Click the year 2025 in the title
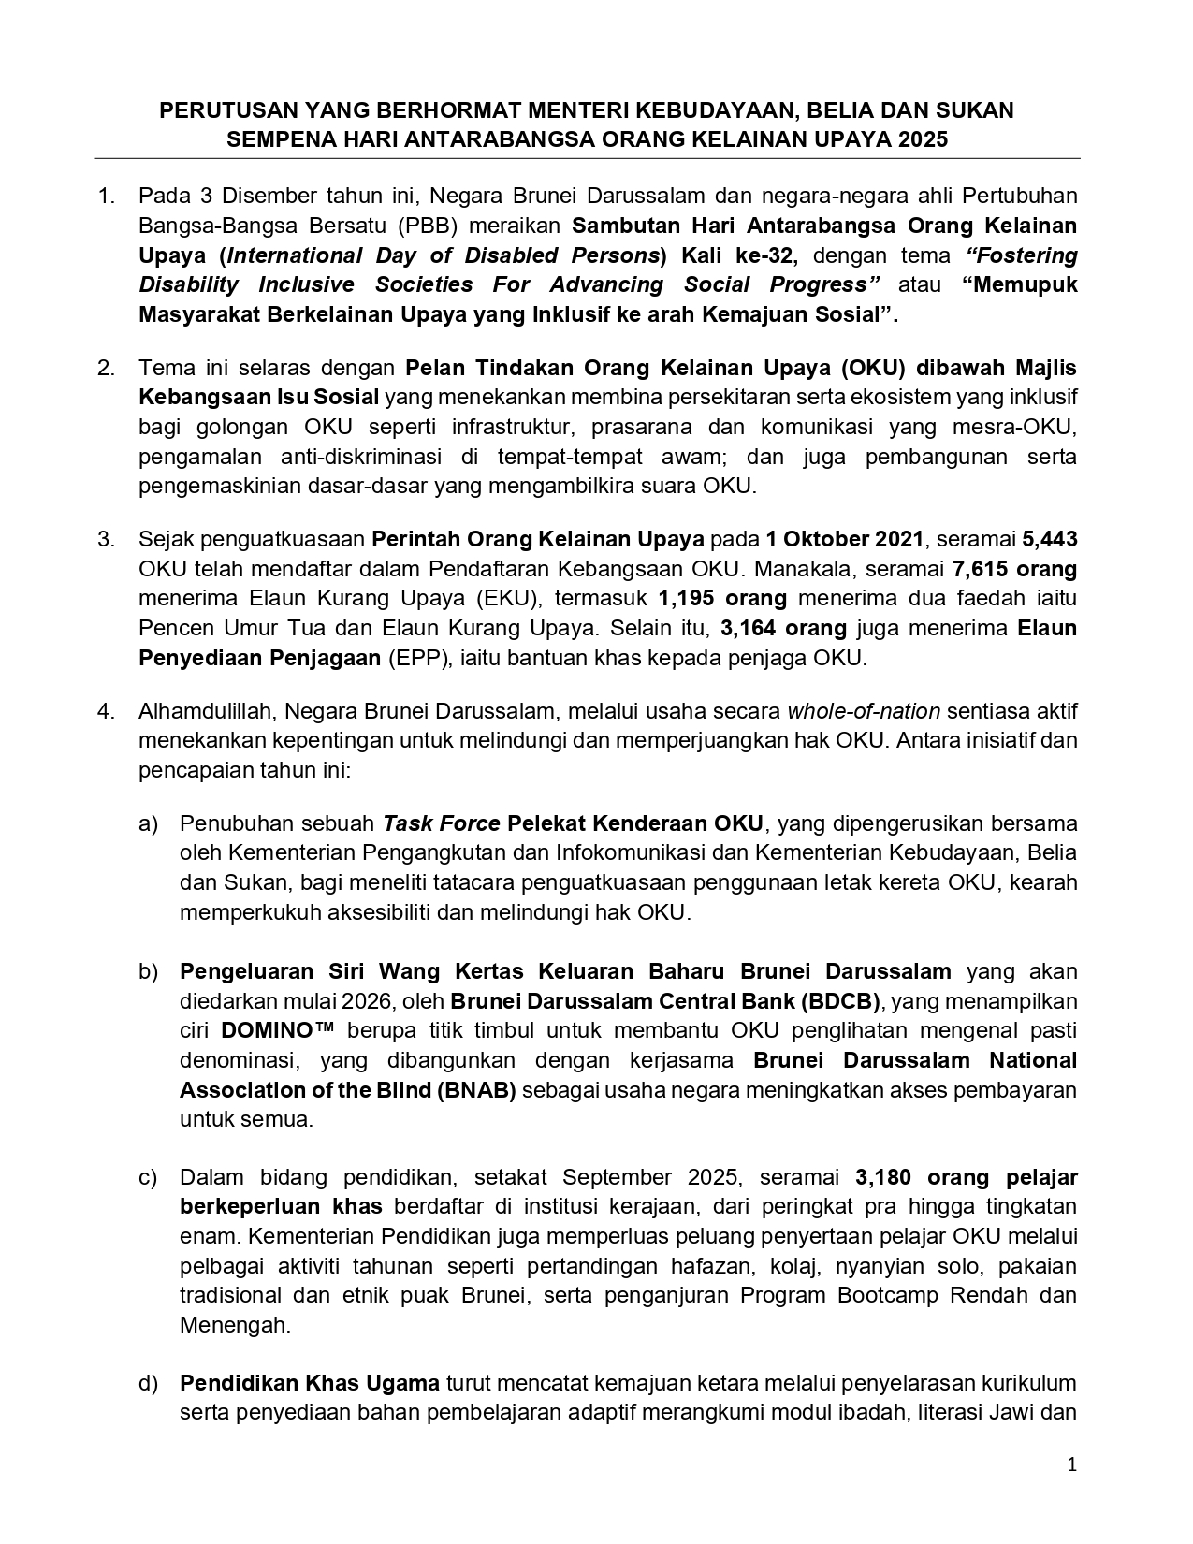pos(922,140)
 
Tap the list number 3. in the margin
pos(106,539)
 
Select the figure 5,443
pos(1050,539)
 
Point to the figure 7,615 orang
pos(1014,569)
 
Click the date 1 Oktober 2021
pos(844,539)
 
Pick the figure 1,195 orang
pos(722,599)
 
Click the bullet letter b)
pos(149,971)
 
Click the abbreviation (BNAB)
pos(475,1090)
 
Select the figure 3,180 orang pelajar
pos(967,1177)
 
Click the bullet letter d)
pos(149,1383)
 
